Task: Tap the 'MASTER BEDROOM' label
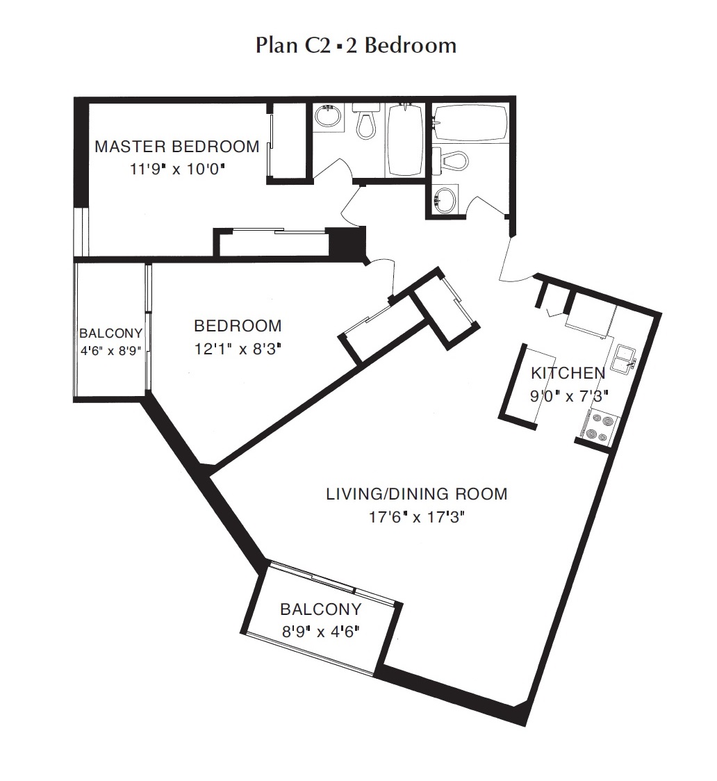pyautogui.click(x=176, y=147)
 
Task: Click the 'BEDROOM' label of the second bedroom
pyautogui.click(x=238, y=326)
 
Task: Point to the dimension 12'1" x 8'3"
pyautogui.click(x=238, y=348)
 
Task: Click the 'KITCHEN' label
pyautogui.click(x=568, y=373)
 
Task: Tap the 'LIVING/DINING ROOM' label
pyautogui.click(x=417, y=494)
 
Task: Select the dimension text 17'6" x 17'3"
pyautogui.click(x=417, y=517)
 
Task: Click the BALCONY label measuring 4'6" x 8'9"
pyautogui.click(x=110, y=333)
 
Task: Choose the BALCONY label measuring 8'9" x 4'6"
pyautogui.click(x=320, y=609)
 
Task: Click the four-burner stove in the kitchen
pyautogui.click(x=597, y=427)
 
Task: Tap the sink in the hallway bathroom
pyautogui.click(x=444, y=200)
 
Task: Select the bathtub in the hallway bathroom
pyautogui.click(x=470, y=123)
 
